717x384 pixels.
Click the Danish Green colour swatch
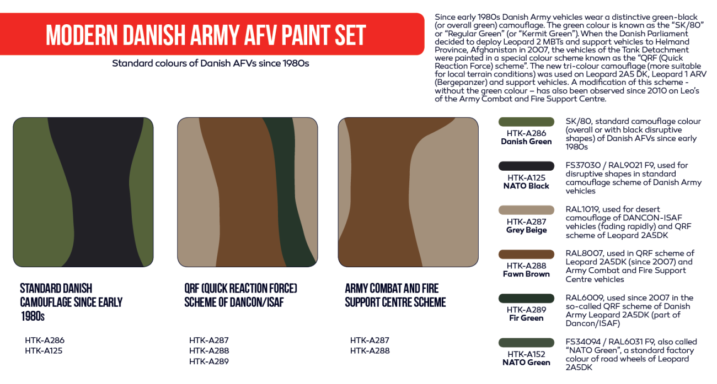click(x=526, y=122)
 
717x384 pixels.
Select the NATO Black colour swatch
click(x=526, y=166)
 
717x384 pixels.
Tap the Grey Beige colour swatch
click(x=526, y=210)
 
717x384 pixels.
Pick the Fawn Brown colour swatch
click(x=526, y=254)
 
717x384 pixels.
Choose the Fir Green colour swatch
click(x=526, y=298)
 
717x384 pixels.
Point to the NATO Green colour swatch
click(x=526, y=343)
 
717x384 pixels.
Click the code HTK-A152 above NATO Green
click(x=526, y=354)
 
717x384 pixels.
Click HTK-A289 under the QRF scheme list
click(x=208, y=361)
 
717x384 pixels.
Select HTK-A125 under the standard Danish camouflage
click(x=44, y=351)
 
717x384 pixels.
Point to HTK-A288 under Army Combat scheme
click(x=370, y=351)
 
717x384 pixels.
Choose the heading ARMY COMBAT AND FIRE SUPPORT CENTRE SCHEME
click(x=395, y=295)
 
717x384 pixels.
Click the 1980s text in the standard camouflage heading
click(x=33, y=316)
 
